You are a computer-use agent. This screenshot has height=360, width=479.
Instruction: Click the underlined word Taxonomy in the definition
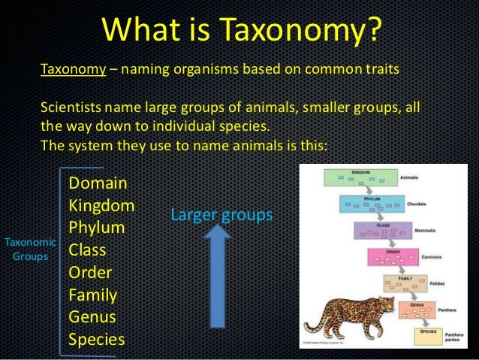point(72,70)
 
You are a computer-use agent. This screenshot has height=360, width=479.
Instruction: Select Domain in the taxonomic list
point(98,183)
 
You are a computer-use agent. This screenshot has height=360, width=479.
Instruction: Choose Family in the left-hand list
point(92,294)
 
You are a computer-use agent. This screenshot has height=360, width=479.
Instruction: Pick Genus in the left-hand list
point(92,316)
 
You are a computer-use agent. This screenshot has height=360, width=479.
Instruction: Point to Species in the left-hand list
point(97,339)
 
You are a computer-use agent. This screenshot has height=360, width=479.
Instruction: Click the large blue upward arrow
point(218,277)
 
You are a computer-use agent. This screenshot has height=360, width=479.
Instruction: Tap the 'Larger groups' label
point(221,216)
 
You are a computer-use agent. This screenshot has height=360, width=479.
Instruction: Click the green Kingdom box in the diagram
point(360,178)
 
